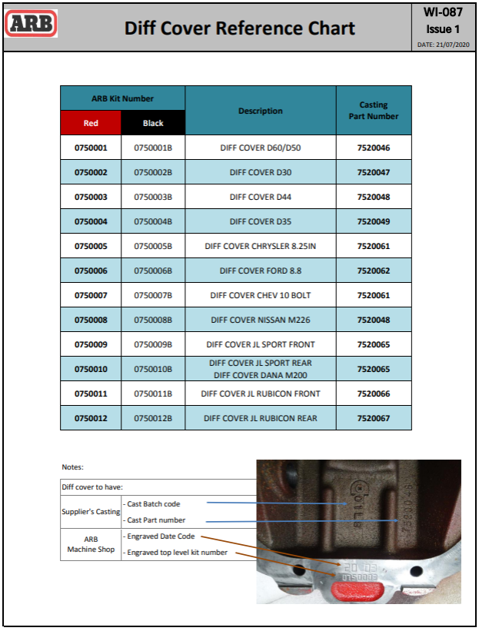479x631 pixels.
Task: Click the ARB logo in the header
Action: coord(32,24)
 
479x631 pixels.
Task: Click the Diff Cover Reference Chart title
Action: coord(240,28)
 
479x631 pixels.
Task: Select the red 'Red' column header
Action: coord(91,123)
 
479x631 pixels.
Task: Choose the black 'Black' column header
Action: coord(153,123)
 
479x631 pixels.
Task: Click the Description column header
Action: coord(260,111)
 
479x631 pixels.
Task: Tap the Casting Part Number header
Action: coord(374,111)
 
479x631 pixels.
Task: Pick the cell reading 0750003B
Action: coord(153,197)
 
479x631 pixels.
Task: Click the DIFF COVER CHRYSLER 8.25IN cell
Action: coord(260,246)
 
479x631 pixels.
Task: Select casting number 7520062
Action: coord(374,271)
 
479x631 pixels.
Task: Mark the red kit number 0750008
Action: coord(91,320)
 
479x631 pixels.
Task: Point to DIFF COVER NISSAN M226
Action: coord(260,320)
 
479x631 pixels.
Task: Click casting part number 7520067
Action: coord(374,418)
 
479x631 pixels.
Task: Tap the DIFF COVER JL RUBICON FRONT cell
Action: coord(260,394)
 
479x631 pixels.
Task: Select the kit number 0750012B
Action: coord(153,418)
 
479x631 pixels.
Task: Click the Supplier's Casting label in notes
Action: coord(91,511)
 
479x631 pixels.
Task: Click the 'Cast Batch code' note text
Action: coord(154,504)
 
